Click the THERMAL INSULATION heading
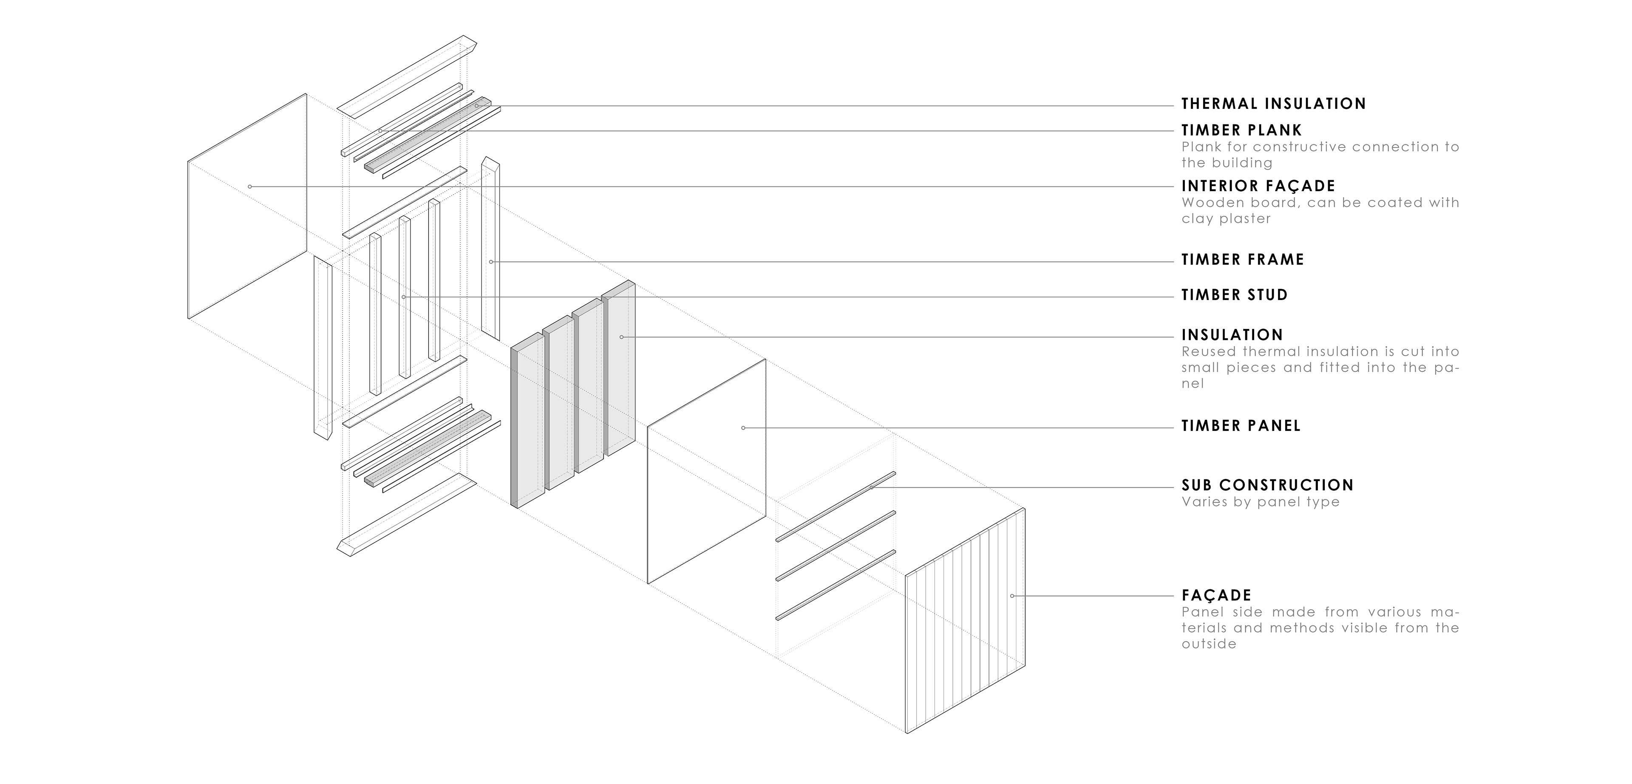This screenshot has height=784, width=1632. (1273, 104)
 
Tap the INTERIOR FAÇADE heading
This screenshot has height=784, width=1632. (1258, 186)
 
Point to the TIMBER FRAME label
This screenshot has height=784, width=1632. (1242, 260)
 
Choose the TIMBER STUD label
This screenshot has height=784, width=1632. (1234, 295)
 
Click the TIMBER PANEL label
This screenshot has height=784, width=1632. (1241, 426)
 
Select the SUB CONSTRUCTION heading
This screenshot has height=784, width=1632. (1267, 486)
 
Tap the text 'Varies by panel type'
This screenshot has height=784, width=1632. (1260, 502)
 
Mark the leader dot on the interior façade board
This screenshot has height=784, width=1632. (250, 187)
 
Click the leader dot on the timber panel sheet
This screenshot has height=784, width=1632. (743, 428)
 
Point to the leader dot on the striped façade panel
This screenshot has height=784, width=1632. (1012, 596)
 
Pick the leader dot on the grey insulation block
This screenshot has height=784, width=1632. (621, 337)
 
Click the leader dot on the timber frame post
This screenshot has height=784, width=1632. (491, 261)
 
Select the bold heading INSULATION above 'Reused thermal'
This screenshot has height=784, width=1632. (1232, 335)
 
